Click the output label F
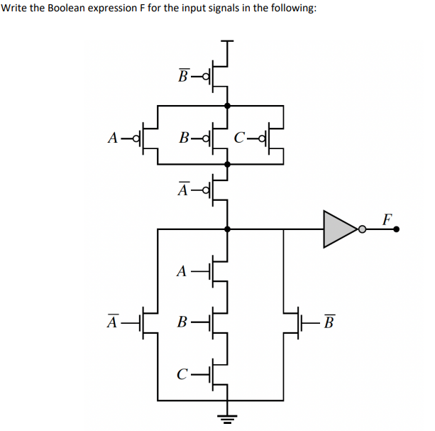point(387,218)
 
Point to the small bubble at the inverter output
point(362,229)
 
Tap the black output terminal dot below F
point(397,229)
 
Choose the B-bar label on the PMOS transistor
point(184,76)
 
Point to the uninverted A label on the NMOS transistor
point(182,271)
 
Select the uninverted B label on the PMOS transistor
point(184,138)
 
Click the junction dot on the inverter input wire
point(227,229)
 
